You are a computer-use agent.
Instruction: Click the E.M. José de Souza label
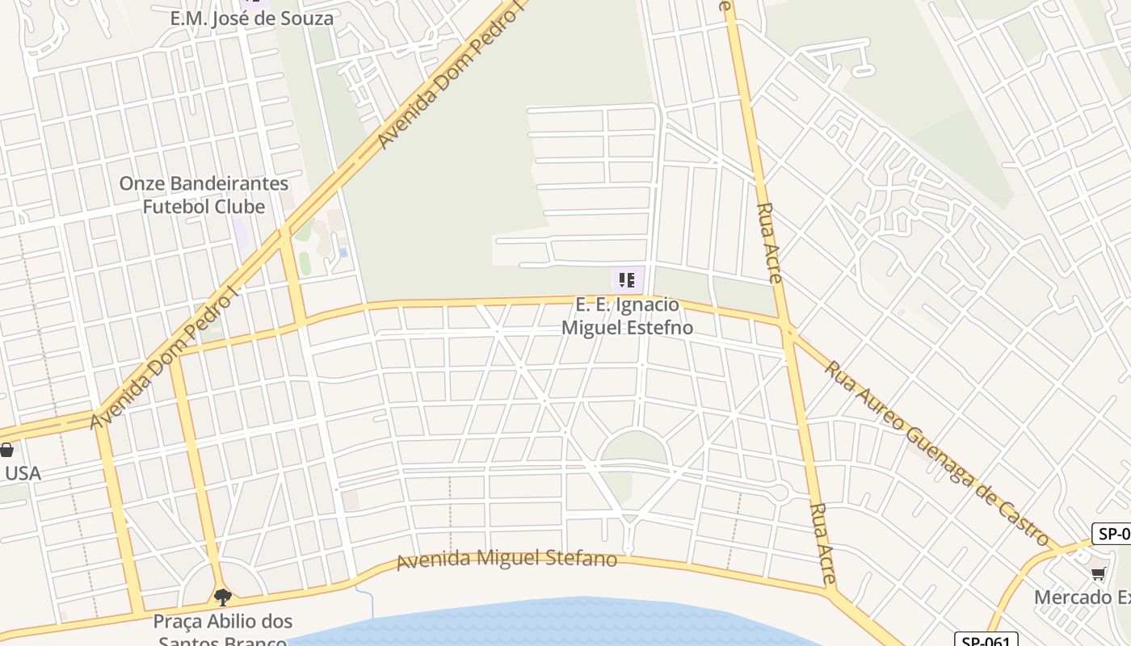pyautogui.click(x=251, y=19)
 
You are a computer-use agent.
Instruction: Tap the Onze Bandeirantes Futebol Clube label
pyautogui.click(x=204, y=195)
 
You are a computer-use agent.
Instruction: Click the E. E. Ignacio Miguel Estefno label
pyautogui.click(x=627, y=317)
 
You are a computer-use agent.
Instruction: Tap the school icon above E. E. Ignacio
pyautogui.click(x=627, y=280)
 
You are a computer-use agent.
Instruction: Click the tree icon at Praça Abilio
pyautogui.click(x=223, y=598)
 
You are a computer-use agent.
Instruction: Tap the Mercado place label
pyautogui.click(x=1083, y=598)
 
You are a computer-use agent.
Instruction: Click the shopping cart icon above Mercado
pyautogui.click(x=1098, y=574)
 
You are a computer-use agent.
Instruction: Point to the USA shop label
pyautogui.click(x=22, y=473)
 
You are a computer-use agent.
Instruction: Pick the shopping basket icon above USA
pyautogui.click(x=6, y=450)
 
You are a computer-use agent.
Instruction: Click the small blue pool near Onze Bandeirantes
pyautogui.click(x=343, y=253)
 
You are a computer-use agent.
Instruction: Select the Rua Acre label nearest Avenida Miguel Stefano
pyautogui.click(x=822, y=543)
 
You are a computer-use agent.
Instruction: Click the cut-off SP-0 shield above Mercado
pyautogui.click(x=1112, y=534)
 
